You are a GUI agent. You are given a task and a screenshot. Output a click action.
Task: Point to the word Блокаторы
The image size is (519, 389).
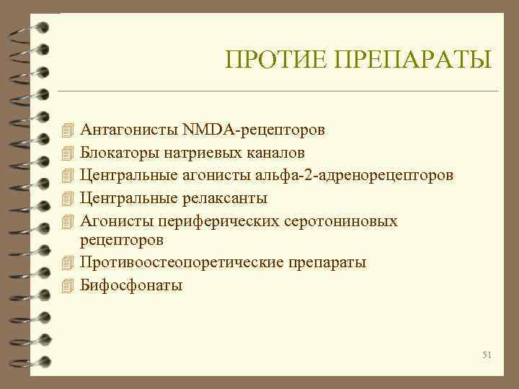pyautogui.click(x=119, y=153)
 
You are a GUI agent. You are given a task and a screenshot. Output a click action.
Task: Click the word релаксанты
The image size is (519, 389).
pyautogui.click(x=228, y=197)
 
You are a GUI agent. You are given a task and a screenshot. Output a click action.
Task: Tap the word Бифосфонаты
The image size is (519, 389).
pyautogui.click(x=131, y=285)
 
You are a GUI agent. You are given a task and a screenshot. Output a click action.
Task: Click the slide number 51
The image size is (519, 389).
pyautogui.click(x=487, y=355)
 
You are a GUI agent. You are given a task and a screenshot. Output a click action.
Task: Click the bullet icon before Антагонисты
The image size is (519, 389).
pyautogui.click(x=68, y=130)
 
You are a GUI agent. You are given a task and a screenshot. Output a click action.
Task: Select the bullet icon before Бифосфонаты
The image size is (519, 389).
pyautogui.click(x=68, y=285)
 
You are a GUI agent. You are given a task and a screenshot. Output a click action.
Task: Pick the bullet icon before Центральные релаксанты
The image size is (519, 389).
pyautogui.click(x=68, y=197)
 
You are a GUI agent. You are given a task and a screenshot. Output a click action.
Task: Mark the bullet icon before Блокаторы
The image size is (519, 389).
pyautogui.click(x=68, y=153)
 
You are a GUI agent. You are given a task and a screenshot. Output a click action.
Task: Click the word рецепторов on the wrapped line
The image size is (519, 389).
pyautogui.click(x=122, y=239)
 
